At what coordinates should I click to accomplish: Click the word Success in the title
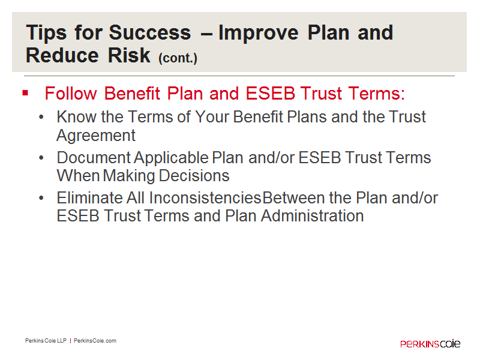[x=149, y=32]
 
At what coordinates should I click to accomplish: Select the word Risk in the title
[x=129, y=55]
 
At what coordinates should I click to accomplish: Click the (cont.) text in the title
[x=178, y=58]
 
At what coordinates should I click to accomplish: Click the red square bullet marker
[x=25, y=93]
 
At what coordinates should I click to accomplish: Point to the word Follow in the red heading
[x=71, y=94]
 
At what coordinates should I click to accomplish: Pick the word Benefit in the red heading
[x=132, y=94]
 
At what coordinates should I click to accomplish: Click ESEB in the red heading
[x=271, y=94]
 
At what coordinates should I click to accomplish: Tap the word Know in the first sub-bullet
[x=77, y=117]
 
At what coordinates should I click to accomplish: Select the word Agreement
[x=96, y=136]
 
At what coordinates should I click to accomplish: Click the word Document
[x=94, y=158]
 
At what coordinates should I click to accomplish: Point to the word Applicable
[x=171, y=158]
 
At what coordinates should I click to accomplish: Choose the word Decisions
[x=194, y=176]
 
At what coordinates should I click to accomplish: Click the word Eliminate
[x=89, y=198]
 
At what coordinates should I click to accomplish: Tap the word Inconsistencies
[x=205, y=198]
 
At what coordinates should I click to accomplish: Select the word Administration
[x=312, y=216]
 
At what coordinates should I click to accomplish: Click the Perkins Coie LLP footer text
[x=46, y=341]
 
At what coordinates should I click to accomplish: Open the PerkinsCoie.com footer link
[x=95, y=341]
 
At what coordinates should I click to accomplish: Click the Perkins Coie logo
[x=430, y=343]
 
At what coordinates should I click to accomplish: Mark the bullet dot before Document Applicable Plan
[x=41, y=158]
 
